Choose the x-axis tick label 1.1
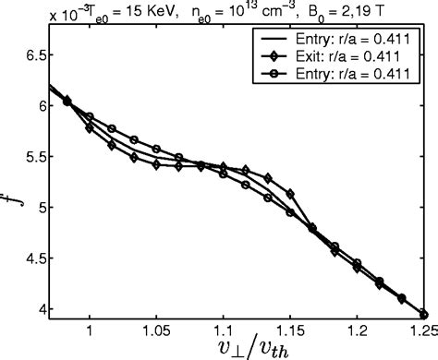pyautogui.click(x=223, y=327)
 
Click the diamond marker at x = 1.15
pyautogui.click(x=290, y=194)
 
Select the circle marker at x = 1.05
pyautogui.click(x=156, y=149)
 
